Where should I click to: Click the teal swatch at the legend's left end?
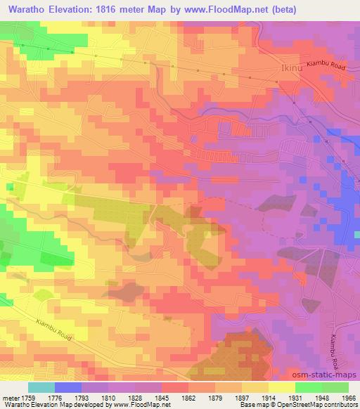click(41, 387)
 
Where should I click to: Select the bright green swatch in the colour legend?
click(308, 387)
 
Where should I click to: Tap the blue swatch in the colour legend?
click(67, 387)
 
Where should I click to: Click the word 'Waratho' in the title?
click(24, 10)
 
